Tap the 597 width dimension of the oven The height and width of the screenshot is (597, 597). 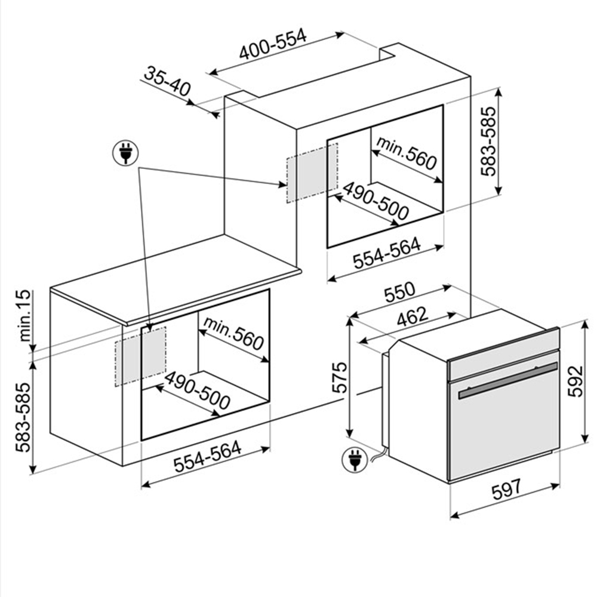tap(506, 490)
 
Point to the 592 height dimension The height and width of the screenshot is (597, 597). tap(576, 381)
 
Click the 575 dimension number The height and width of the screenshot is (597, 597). tap(340, 377)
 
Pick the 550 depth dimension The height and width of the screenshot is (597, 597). tap(399, 292)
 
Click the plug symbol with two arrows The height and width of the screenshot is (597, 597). tap(125, 153)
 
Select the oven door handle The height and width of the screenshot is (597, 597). tap(508, 380)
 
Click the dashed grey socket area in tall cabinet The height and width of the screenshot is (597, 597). tap(312, 173)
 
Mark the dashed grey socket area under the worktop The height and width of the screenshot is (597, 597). tap(140, 356)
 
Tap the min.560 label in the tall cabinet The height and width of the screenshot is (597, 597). tap(406, 153)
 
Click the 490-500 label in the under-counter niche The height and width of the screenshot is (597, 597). tap(197, 390)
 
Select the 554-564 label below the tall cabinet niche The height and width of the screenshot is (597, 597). tap(387, 253)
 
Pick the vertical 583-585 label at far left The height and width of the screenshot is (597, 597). tap(23, 417)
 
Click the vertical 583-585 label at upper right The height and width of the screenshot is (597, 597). tap(488, 141)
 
